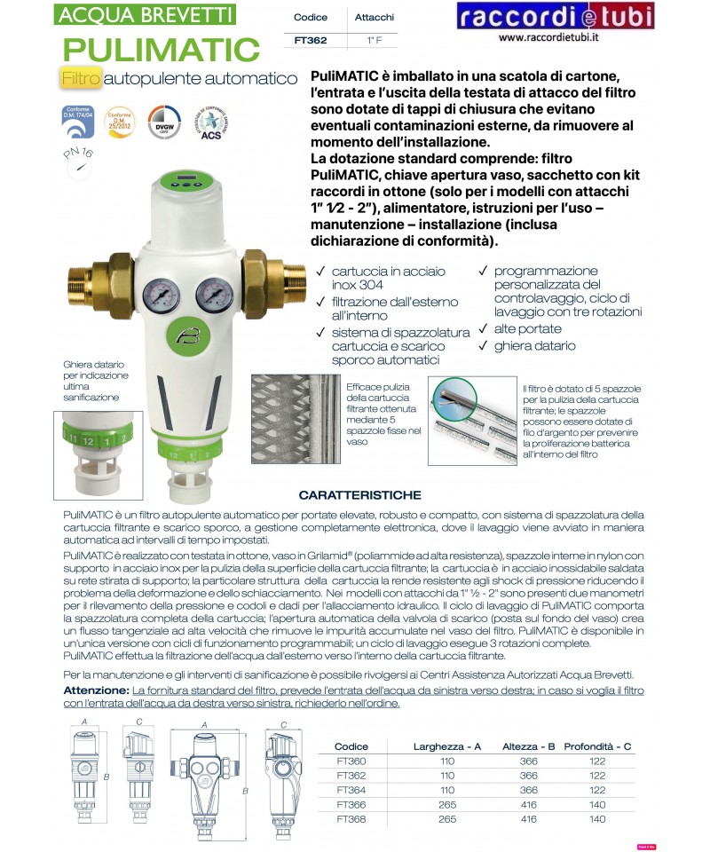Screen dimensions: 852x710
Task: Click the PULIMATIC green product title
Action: point(162,48)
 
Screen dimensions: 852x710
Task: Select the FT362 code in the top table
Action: point(312,40)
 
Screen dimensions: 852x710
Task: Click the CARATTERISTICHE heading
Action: point(359,495)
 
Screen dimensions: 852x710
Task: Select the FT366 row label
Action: point(351,804)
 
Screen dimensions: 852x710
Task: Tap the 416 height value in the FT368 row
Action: point(529,818)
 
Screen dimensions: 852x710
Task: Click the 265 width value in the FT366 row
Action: point(446,804)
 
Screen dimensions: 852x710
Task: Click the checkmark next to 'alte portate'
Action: point(484,329)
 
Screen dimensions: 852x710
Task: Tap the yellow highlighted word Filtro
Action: point(81,79)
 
